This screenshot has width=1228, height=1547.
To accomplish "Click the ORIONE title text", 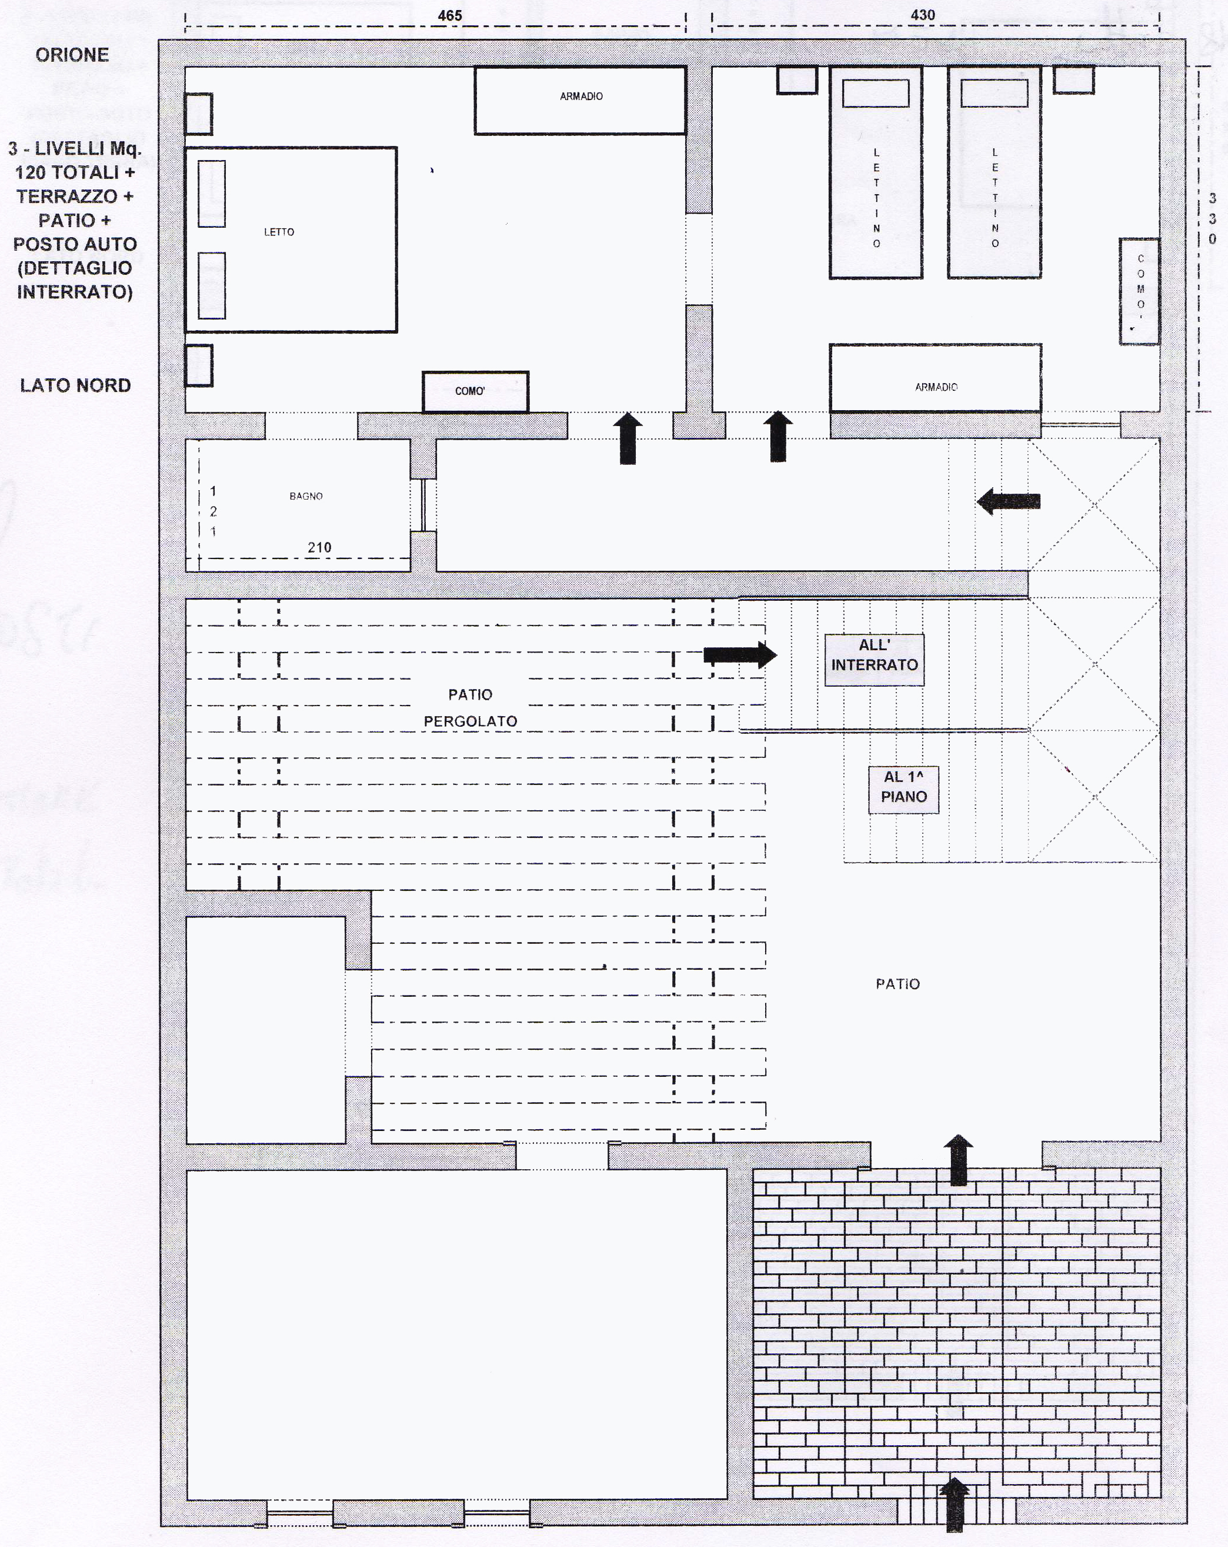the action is pos(72,55).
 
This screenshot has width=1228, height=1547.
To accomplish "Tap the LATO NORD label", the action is pos(75,385).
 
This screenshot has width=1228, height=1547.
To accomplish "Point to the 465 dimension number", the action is pos(450,15).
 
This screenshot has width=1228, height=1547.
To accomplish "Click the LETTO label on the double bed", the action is pos(279,232).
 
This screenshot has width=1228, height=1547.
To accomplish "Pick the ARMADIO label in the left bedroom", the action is pos(581,96).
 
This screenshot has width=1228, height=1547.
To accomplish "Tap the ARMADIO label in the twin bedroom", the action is pos(936,387).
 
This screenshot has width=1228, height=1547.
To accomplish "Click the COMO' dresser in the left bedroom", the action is pos(475,391).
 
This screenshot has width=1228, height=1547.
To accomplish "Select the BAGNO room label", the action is pos(306,496).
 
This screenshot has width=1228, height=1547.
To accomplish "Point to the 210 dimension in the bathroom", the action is pos(319,547).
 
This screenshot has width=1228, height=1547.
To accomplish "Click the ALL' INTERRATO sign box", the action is pos(875,660).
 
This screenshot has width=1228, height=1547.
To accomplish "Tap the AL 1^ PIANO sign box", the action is pos(904,789).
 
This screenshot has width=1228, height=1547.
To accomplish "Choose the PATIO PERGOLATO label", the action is pos(470,707).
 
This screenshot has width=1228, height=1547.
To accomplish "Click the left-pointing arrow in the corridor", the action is pos(1009,501).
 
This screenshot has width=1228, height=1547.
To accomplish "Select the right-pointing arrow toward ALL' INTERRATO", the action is pos(739,654).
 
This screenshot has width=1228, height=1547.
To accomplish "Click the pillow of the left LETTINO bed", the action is pos(875,94).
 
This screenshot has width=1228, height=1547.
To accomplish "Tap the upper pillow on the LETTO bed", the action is pos(212,194).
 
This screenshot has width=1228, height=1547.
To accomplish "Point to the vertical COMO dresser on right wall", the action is pos(1139,291).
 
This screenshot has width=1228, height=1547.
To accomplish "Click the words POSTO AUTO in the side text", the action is pos(75,244).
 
